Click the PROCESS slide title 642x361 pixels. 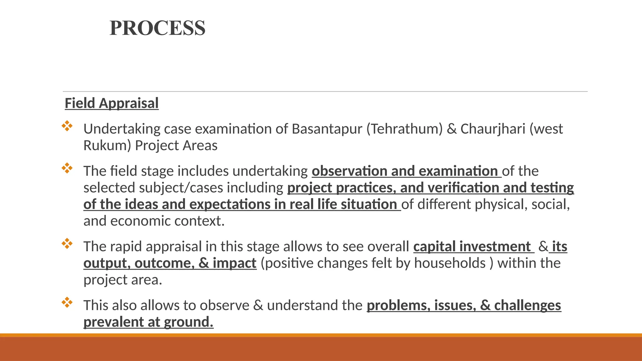[157, 28]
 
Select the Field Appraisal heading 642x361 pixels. [112, 103]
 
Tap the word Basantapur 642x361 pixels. [327, 129]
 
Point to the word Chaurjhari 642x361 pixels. [493, 129]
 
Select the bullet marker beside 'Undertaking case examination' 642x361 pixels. [67, 126]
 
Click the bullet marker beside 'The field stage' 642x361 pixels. [67, 168]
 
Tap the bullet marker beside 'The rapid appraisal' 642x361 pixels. [67, 243]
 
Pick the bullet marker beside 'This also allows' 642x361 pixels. [67, 302]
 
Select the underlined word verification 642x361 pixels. [463, 188]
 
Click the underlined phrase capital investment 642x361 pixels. [472, 247]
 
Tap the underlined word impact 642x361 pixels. [234, 263]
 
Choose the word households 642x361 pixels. [450, 263]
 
